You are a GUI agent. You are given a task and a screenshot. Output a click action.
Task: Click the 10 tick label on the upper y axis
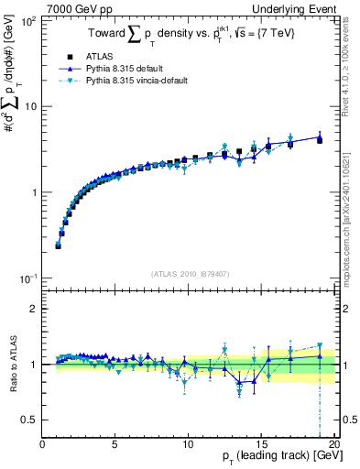coord(29,106)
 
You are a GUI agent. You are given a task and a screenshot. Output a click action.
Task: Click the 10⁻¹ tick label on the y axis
coord(27,278)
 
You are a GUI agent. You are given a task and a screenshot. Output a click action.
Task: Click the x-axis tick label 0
coord(43,445)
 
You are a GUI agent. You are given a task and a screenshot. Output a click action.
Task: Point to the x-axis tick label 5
coord(115,445)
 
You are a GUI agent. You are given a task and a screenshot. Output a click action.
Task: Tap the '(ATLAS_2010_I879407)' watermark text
coord(189,272)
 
